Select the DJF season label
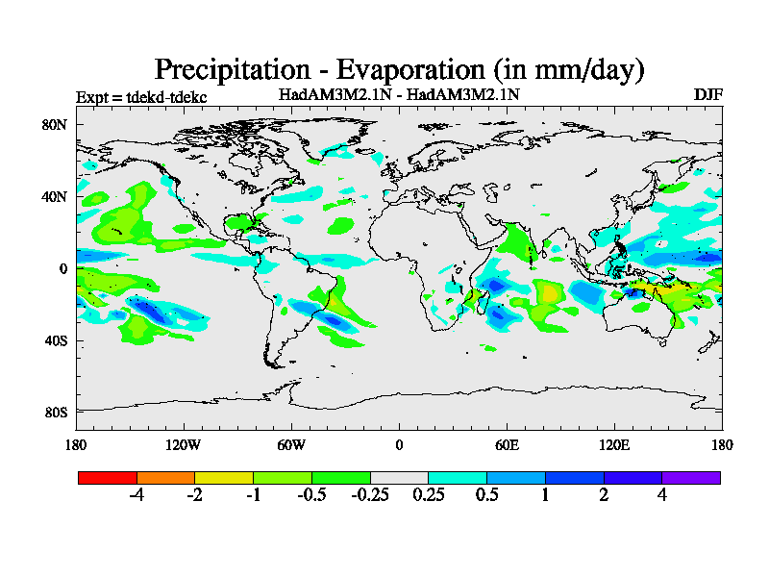[707, 94]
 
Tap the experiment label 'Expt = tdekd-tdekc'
[141, 97]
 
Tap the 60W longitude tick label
[291, 445]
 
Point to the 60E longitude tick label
[507, 445]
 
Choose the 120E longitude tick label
[614, 445]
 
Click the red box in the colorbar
[107, 477]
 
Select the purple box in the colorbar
[691, 477]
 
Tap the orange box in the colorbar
[165, 477]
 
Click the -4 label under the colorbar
[136, 495]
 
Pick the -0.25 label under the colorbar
[369, 495]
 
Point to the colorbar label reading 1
[546, 495]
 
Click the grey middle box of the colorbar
[399, 477]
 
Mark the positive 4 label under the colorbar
[662, 495]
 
